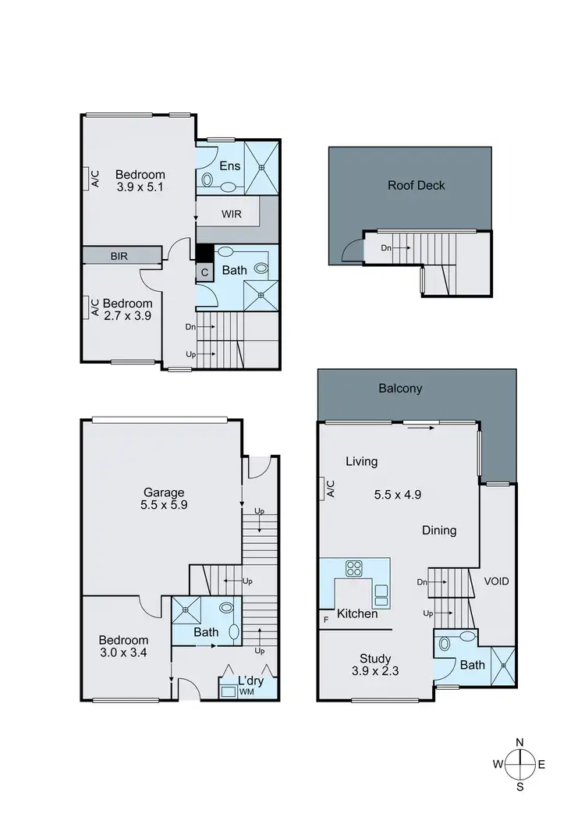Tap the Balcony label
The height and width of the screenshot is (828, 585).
[x=401, y=388]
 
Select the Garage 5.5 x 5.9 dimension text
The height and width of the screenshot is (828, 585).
[x=163, y=505]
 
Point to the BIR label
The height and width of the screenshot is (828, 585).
[x=119, y=255]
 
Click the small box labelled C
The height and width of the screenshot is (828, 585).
[x=204, y=272]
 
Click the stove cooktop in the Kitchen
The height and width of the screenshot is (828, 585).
[x=353, y=568]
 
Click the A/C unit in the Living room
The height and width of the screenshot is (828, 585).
[x=326, y=489]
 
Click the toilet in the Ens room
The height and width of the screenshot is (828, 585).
[x=207, y=179]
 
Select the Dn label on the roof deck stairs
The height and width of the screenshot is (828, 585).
[x=385, y=248]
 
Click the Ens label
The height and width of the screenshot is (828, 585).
[x=229, y=165]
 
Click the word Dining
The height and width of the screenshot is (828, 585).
[x=439, y=531]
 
